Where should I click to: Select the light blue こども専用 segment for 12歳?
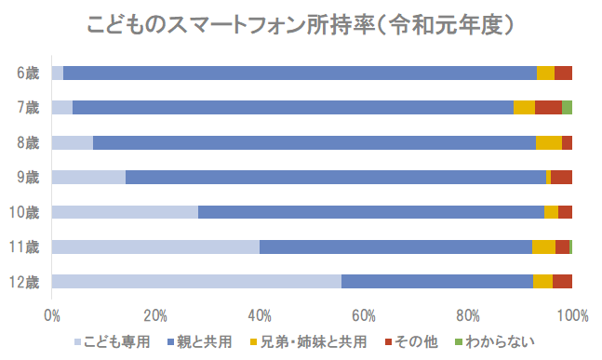coord(196,282)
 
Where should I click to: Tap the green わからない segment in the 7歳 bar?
coord(567,108)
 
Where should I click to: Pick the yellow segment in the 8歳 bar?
coord(548,142)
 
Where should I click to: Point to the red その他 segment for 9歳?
coord(561,177)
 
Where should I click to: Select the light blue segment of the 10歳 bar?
coord(125,212)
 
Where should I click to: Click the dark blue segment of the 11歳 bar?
coord(395,247)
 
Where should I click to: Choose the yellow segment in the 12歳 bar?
coord(542,282)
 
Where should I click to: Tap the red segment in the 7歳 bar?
coord(548,108)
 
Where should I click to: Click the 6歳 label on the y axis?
coord(28,73)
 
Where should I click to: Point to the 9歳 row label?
coord(28,177)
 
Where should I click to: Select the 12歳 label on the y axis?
coord(25,282)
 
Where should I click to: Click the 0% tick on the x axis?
coord(52,314)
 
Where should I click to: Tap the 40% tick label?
coord(260,314)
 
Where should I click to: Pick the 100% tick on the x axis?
coord(571,314)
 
